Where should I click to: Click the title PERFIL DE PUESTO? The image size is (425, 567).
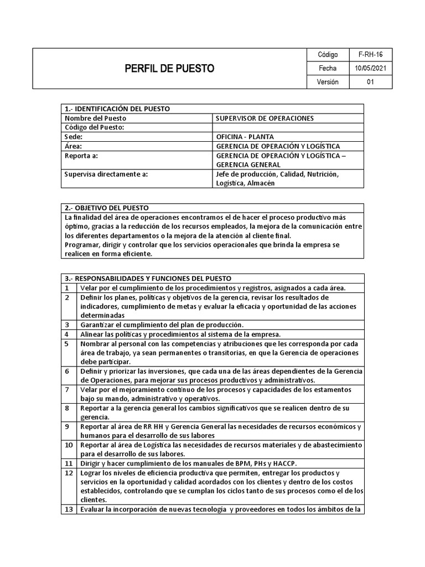(169, 69)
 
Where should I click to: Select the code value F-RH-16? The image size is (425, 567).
(371, 55)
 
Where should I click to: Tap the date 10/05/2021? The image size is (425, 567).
(371, 69)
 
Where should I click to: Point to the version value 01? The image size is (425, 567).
(371, 82)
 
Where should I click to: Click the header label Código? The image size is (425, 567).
(328, 55)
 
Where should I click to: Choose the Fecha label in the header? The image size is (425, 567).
(328, 69)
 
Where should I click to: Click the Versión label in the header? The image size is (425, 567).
(328, 82)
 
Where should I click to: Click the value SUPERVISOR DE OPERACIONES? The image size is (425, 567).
(265, 118)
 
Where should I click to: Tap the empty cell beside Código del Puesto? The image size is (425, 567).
(288, 127)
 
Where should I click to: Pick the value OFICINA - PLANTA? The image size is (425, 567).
(245, 137)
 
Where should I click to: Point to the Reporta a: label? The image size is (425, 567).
(81, 156)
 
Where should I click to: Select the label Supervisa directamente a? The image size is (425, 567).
(106, 174)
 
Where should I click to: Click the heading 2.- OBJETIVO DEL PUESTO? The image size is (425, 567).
(107, 208)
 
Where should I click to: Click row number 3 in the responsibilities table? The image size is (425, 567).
(67, 324)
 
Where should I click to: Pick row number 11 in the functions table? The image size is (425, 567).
(68, 463)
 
